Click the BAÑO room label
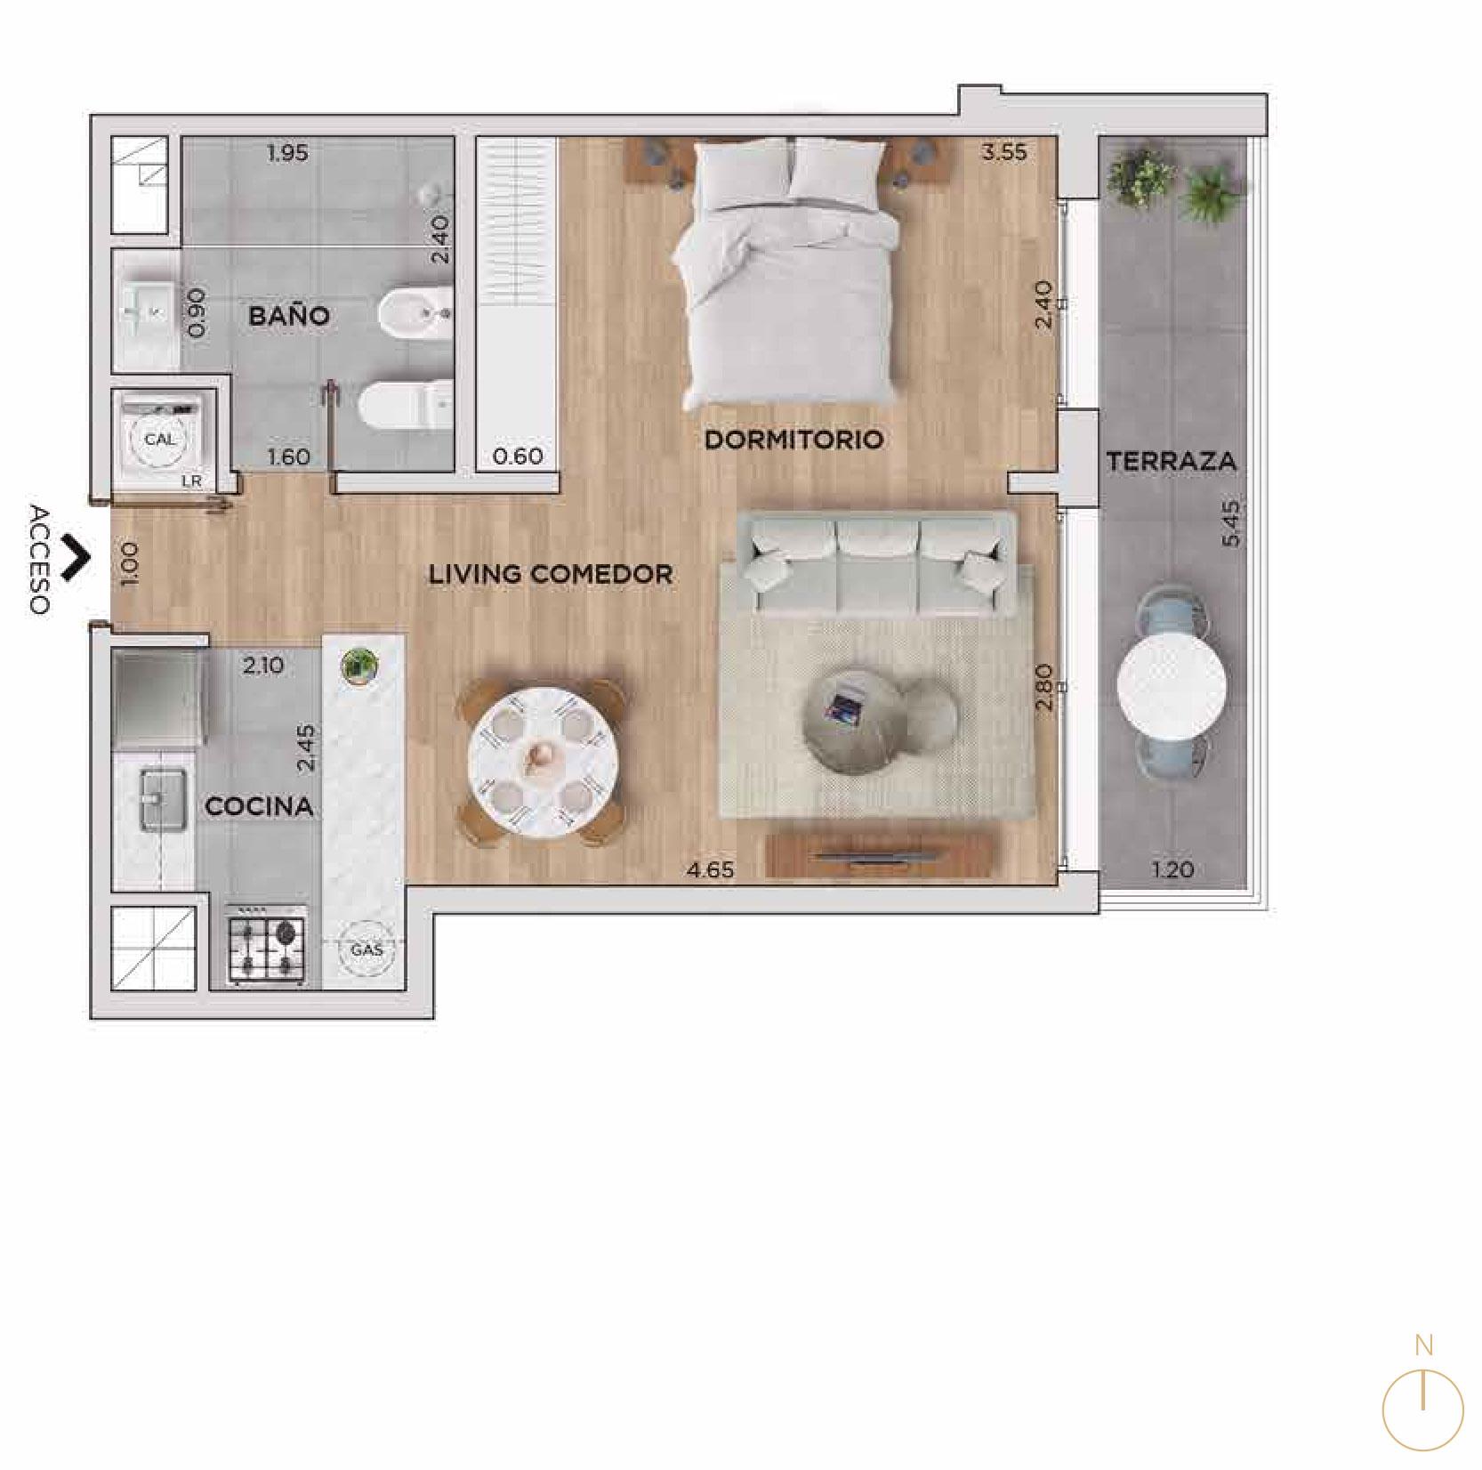coord(289,315)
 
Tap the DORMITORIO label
coord(793,439)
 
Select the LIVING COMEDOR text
coord(551,574)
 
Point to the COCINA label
coord(259,806)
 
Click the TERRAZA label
coord(1172,461)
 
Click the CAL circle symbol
coord(160,440)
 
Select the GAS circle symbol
coord(366,950)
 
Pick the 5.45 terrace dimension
coord(1230,524)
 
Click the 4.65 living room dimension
coord(710,870)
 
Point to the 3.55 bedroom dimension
coord(1004,152)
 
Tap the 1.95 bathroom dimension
coord(287,153)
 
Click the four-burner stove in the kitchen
coord(268,946)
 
